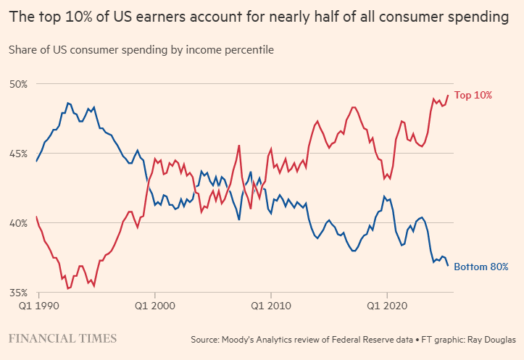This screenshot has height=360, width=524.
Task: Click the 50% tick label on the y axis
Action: (17, 84)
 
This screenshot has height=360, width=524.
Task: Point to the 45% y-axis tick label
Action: (17, 154)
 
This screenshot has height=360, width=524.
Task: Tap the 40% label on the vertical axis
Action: (17, 223)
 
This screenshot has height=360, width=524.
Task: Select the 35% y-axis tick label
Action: (17, 293)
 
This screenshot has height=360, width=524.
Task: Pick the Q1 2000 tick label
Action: (155, 307)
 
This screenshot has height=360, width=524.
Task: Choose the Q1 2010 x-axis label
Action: (270, 307)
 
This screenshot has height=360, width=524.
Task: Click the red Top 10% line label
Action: (473, 95)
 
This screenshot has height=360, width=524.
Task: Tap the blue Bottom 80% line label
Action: (481, 267)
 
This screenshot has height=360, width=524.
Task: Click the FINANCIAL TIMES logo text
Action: (62, 338)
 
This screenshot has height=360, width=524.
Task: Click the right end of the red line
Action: (448, 95)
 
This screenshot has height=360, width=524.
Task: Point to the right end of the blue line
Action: (448, 265)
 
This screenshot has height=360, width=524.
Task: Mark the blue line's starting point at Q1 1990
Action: (36, 161)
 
